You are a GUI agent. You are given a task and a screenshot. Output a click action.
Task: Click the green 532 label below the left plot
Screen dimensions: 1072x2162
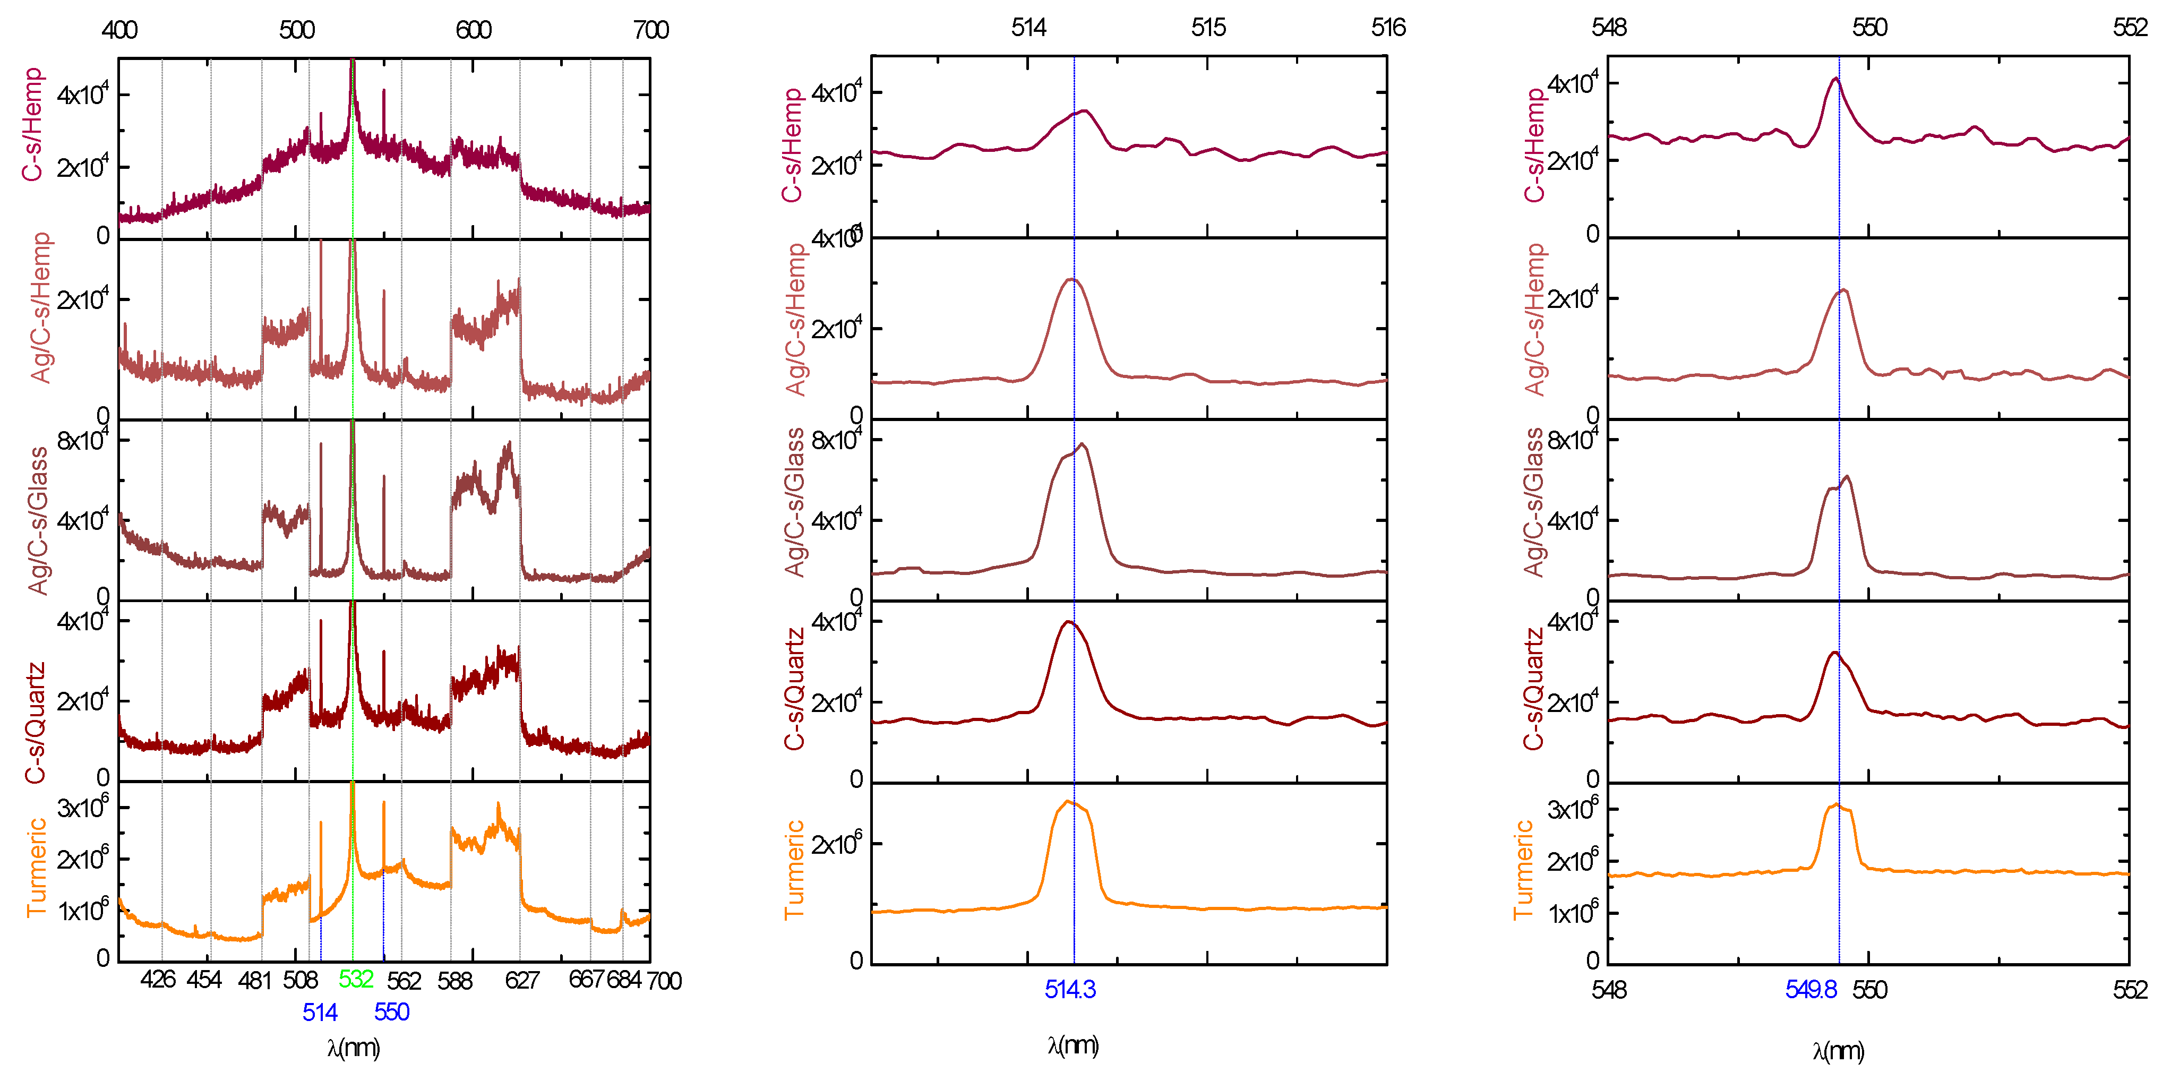(x=356, y=979)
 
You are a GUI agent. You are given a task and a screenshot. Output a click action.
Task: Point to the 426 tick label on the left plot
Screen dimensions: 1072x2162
(x=158, y=979)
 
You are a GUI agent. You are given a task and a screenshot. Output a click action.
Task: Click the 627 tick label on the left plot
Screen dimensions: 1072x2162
(x=521, y=980)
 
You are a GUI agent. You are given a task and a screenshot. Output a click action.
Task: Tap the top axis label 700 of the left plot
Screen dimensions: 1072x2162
(x=650, y=30)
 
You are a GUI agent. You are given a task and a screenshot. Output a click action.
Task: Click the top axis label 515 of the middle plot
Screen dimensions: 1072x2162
(x=1208, y=28)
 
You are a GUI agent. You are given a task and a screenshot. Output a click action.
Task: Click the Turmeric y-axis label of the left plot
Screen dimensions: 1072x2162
(x=36, y=868)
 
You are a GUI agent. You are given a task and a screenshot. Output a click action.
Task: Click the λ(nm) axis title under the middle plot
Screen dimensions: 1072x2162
(x=1073, y=1045)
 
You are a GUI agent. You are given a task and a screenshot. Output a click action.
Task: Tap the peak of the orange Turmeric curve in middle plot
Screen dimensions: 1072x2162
(x=1068, y=802)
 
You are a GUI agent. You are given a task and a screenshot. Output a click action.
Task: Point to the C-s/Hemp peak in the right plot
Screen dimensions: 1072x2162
(x=1835, y=79)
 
